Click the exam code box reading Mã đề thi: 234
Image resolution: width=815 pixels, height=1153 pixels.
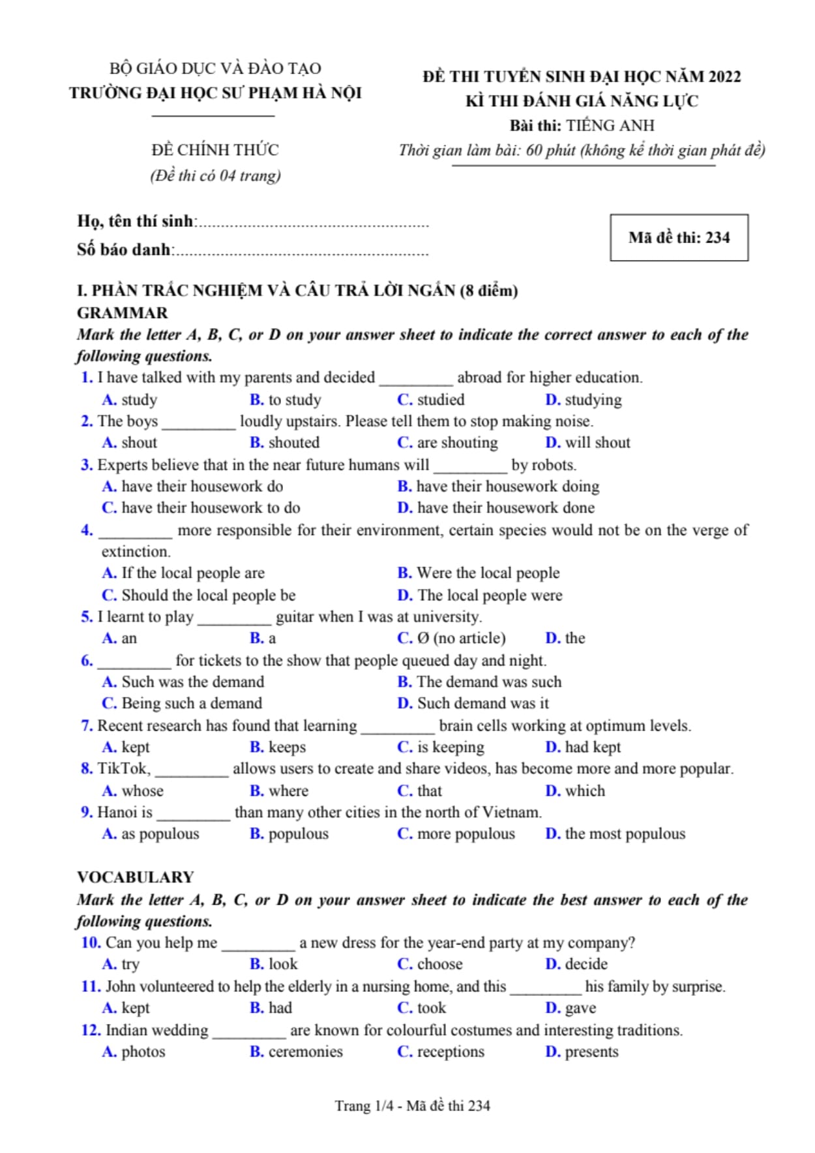point(679,238)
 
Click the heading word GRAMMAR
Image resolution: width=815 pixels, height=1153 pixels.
point(122,313)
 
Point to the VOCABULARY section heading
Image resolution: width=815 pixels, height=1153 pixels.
point(136,877)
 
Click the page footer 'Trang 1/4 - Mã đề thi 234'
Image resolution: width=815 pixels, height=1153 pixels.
point(412,1105)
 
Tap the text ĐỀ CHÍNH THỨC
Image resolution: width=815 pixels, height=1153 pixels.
point(215,150)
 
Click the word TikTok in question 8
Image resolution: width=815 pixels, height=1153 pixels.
point(124,769)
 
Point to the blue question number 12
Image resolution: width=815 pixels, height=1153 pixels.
point(91,1030)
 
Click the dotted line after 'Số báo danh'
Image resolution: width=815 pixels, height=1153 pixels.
point(302,252)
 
